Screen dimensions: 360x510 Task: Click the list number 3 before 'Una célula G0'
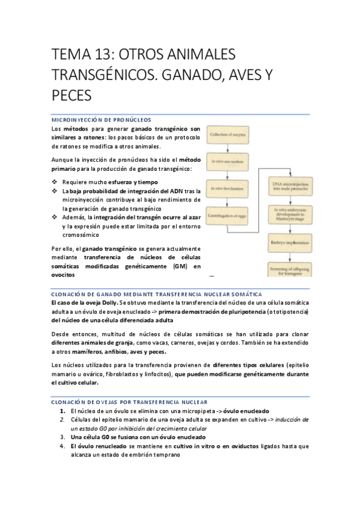point(63,437)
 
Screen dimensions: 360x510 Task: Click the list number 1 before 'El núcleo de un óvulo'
point(63,410)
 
